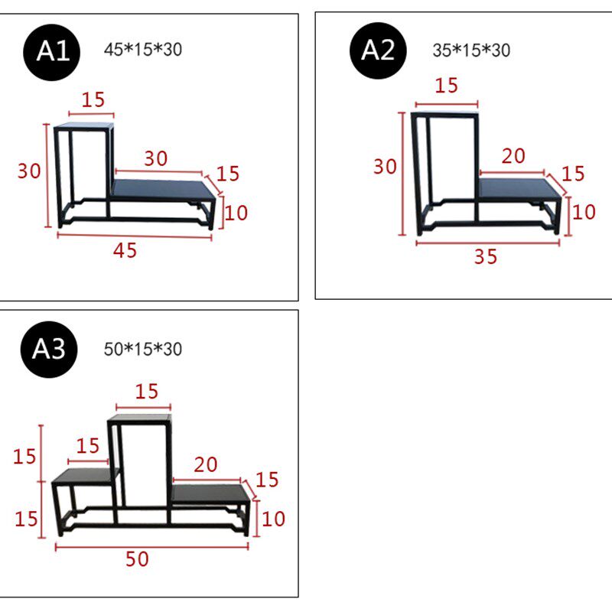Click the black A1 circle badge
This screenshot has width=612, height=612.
point(51,52)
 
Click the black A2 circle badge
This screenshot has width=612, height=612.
point(378,50)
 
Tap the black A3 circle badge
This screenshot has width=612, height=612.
point(49,350)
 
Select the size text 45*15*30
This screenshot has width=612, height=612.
point(143,50)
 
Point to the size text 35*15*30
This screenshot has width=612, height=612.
point(471,50)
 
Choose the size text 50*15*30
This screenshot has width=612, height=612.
point(143,349)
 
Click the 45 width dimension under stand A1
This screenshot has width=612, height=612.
point(125,251)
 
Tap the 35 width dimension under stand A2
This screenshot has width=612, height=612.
point(486,257)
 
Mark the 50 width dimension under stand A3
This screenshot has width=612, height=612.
point(137,559)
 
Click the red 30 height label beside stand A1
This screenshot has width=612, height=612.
point(29,171)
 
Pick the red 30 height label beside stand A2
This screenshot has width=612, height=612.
point(385,167)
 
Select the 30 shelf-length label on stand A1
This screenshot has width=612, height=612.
point(156,158)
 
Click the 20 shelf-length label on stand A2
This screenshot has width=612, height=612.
point(513,156)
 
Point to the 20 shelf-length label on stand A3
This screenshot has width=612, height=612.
point(206,464)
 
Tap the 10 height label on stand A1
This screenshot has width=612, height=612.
point(236,213)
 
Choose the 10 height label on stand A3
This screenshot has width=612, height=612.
point(273,519)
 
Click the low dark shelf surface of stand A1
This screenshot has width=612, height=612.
point(163,190)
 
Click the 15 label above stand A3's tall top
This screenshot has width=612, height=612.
point(147,392)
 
